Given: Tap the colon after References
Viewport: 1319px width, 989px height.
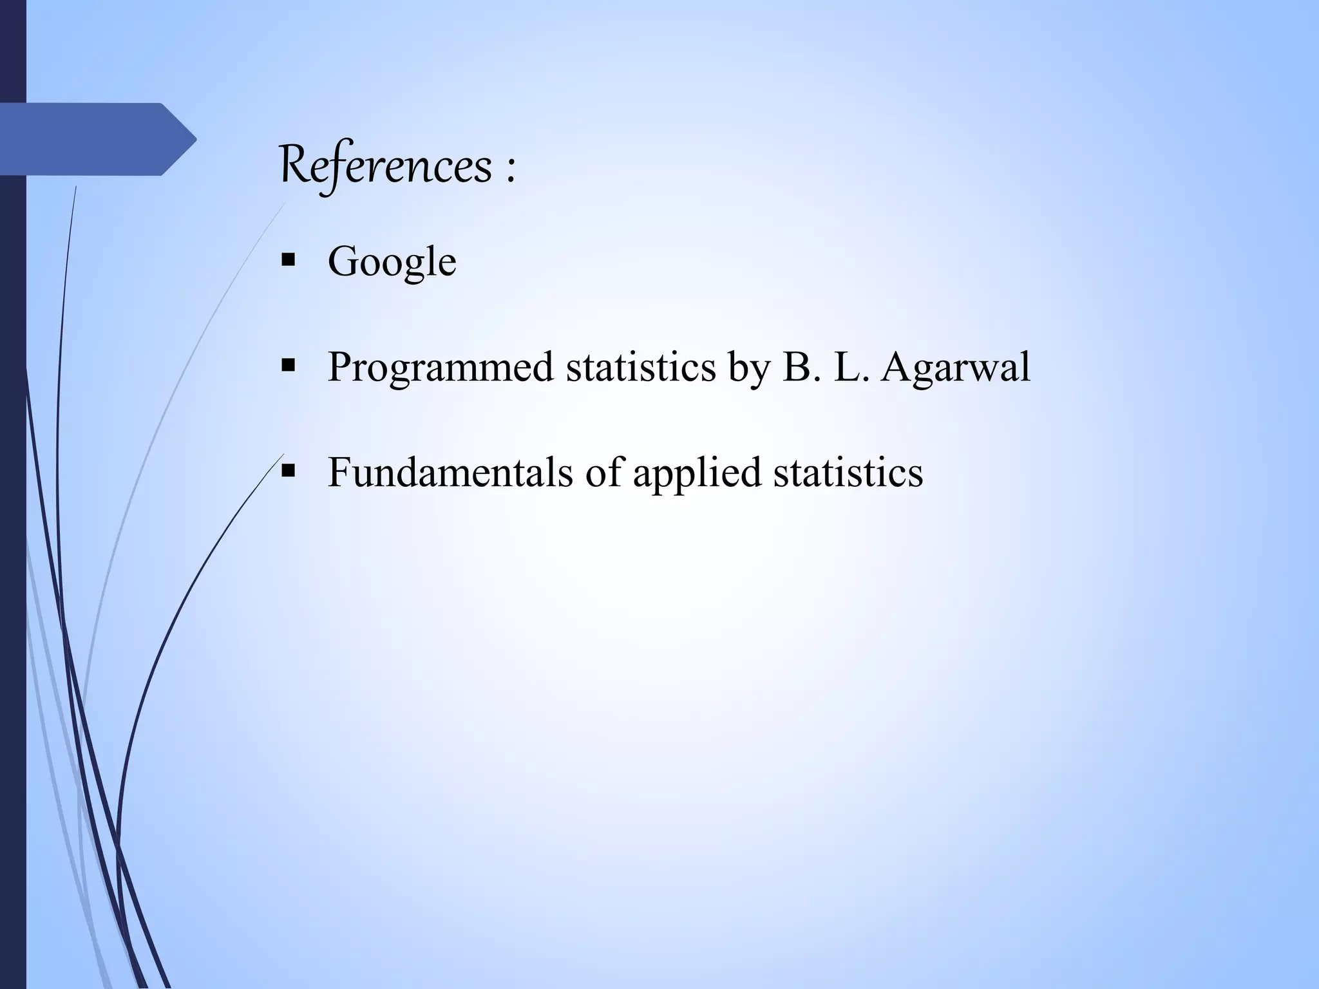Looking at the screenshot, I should [511, 170].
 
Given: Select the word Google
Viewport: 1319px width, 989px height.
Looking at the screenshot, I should [392, 262].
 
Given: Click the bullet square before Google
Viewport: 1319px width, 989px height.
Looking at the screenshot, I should [288, 261].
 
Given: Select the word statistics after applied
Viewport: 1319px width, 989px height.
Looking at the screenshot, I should [848, 472].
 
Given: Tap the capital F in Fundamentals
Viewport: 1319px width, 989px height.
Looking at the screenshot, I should [339, 472].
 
